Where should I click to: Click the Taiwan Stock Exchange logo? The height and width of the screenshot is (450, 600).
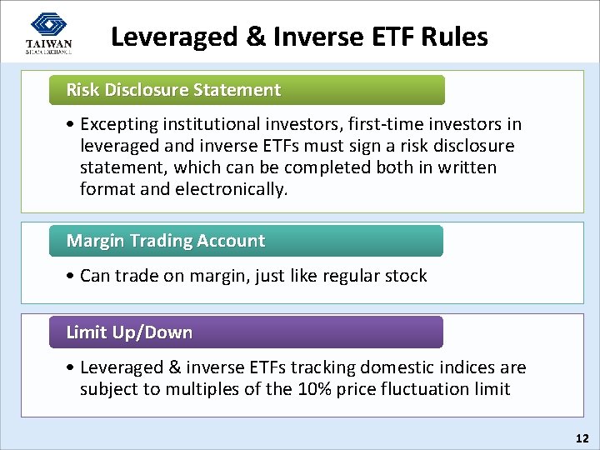(49, 33)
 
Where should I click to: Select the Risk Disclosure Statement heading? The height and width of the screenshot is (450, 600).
(173, 90)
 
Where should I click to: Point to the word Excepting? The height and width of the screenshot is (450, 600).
(119, 125)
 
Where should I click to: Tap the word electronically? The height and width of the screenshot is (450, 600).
(231, 189)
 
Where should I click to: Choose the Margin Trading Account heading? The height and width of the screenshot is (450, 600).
(165, 241)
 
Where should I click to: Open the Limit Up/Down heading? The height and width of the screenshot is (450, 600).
(129, 332)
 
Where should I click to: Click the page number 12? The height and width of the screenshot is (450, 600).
(582, 437)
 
